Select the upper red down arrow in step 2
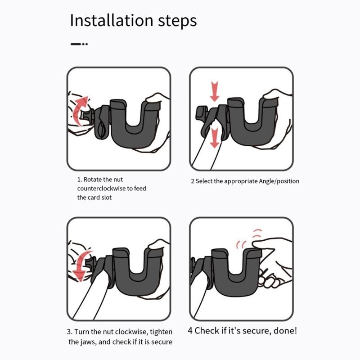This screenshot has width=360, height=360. tap(215, 91)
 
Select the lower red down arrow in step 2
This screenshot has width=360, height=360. tap(215, 137)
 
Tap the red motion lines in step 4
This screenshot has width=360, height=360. tap(247, 238)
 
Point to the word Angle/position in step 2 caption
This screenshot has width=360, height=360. tap(279, 181)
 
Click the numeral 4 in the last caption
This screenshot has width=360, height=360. tap(190, 331)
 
